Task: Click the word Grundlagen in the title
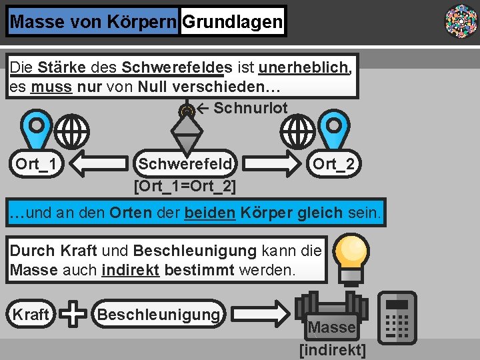pyautogui.click(x=232, y=22)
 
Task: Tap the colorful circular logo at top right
pyautogui.click(x=461, y=21)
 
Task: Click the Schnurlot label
pyautogui.click(x=250, y=108)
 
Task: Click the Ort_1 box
pyautogui.click(x=37, y=163)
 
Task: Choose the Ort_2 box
pyautogui.click(x=333, y=163)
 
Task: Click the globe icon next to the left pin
pyautogui.click(x=72, y=131)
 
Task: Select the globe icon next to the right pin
pyautogui.click(x=298, y=131)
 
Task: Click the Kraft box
pyautogui.click(x=31, y=314)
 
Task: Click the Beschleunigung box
pyautogui.click(x=159, y=313)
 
